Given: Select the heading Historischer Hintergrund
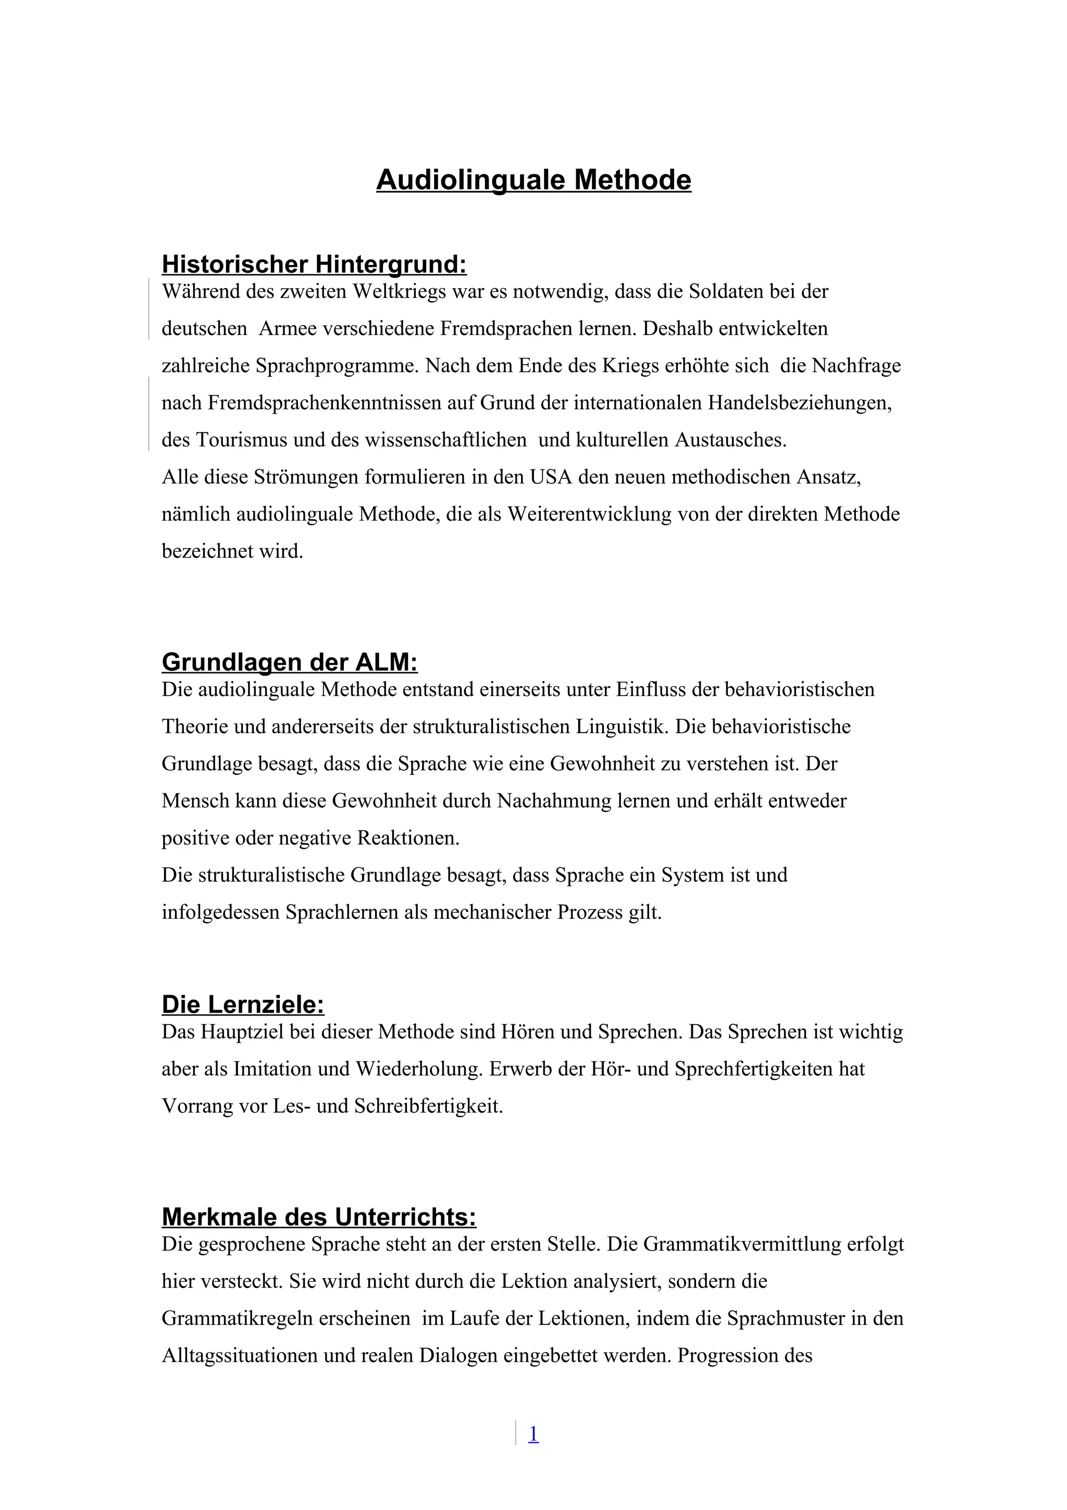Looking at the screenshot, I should coord(314,264).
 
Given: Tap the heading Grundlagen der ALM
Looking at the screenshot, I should coord(289,662).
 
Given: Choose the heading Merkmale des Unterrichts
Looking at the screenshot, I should coord(319,1217).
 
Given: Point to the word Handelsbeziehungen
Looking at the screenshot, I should coord(799,402).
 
